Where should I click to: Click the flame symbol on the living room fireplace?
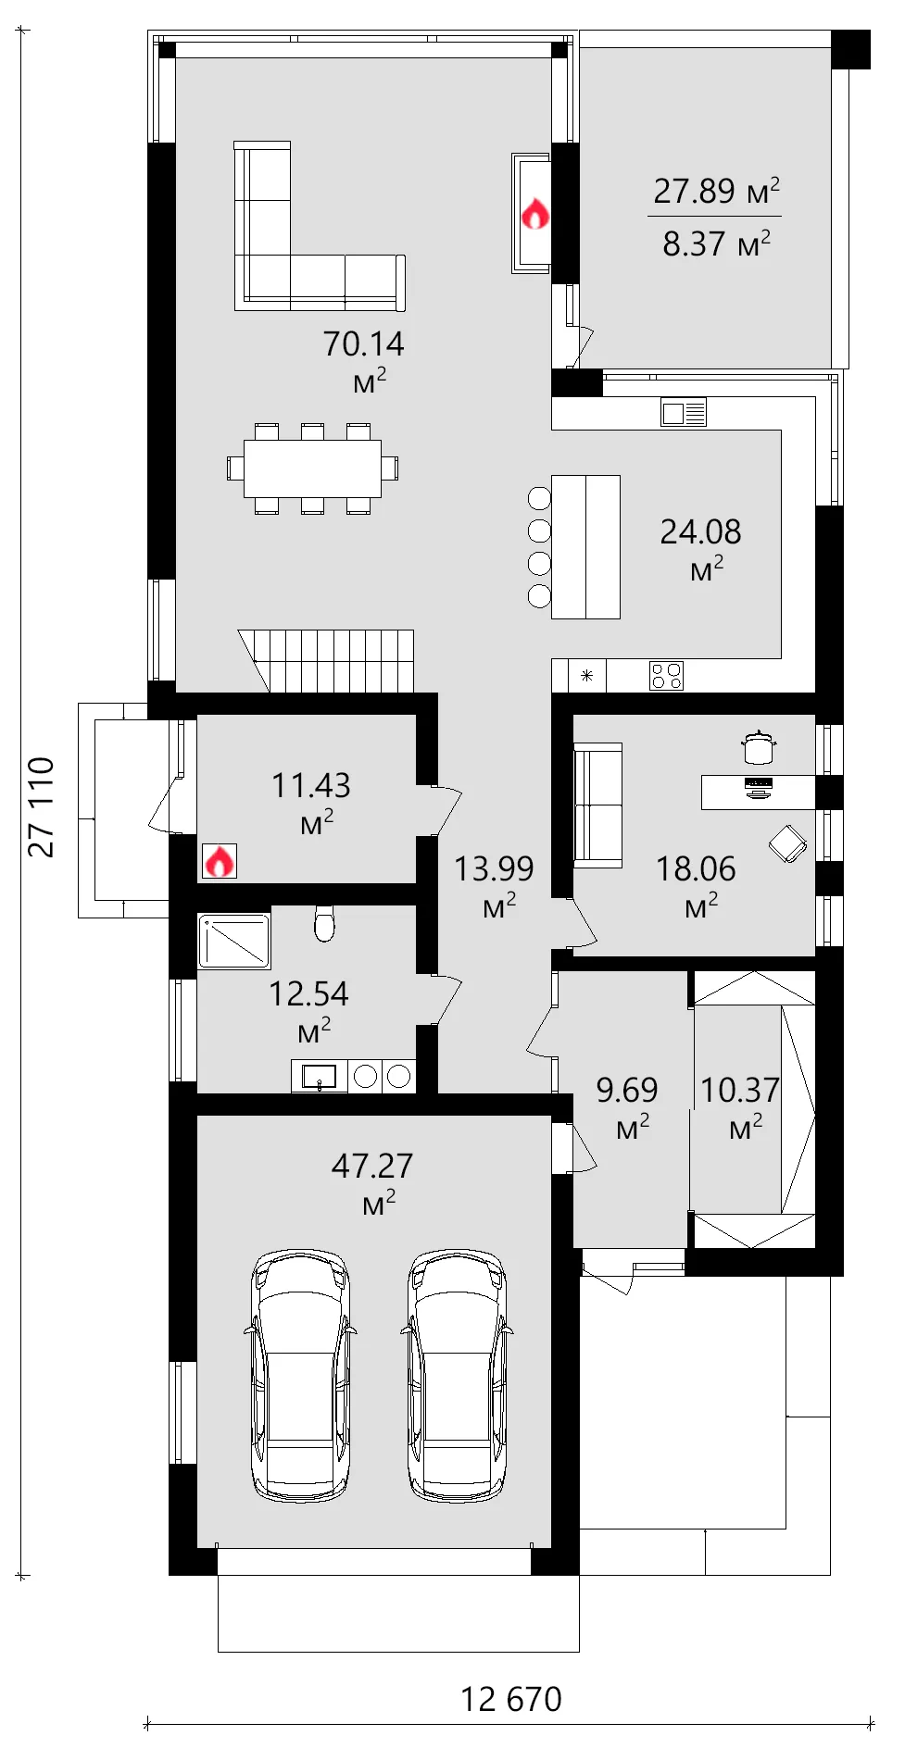pos(535,215)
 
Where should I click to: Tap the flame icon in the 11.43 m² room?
pos(219,862)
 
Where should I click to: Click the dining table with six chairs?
pos(312,468)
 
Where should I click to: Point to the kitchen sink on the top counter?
pos(684,412)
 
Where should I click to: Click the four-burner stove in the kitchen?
pos(666,676)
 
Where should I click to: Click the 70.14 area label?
pos(363,344)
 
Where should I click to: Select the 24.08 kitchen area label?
pos(700,532)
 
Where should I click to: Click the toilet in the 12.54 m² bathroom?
pos(324,922)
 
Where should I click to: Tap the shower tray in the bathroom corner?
pos(233,941)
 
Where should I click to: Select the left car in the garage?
pos(300,1375)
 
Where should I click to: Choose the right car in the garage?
pos(458,1375)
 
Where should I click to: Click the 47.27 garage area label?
pos(372,1166)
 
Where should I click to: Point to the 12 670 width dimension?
pos(511,1699)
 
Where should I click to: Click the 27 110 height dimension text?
pos(42,807)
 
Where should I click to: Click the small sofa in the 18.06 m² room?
pos(597,805)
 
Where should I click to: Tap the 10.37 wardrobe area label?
pos(739,1091)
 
